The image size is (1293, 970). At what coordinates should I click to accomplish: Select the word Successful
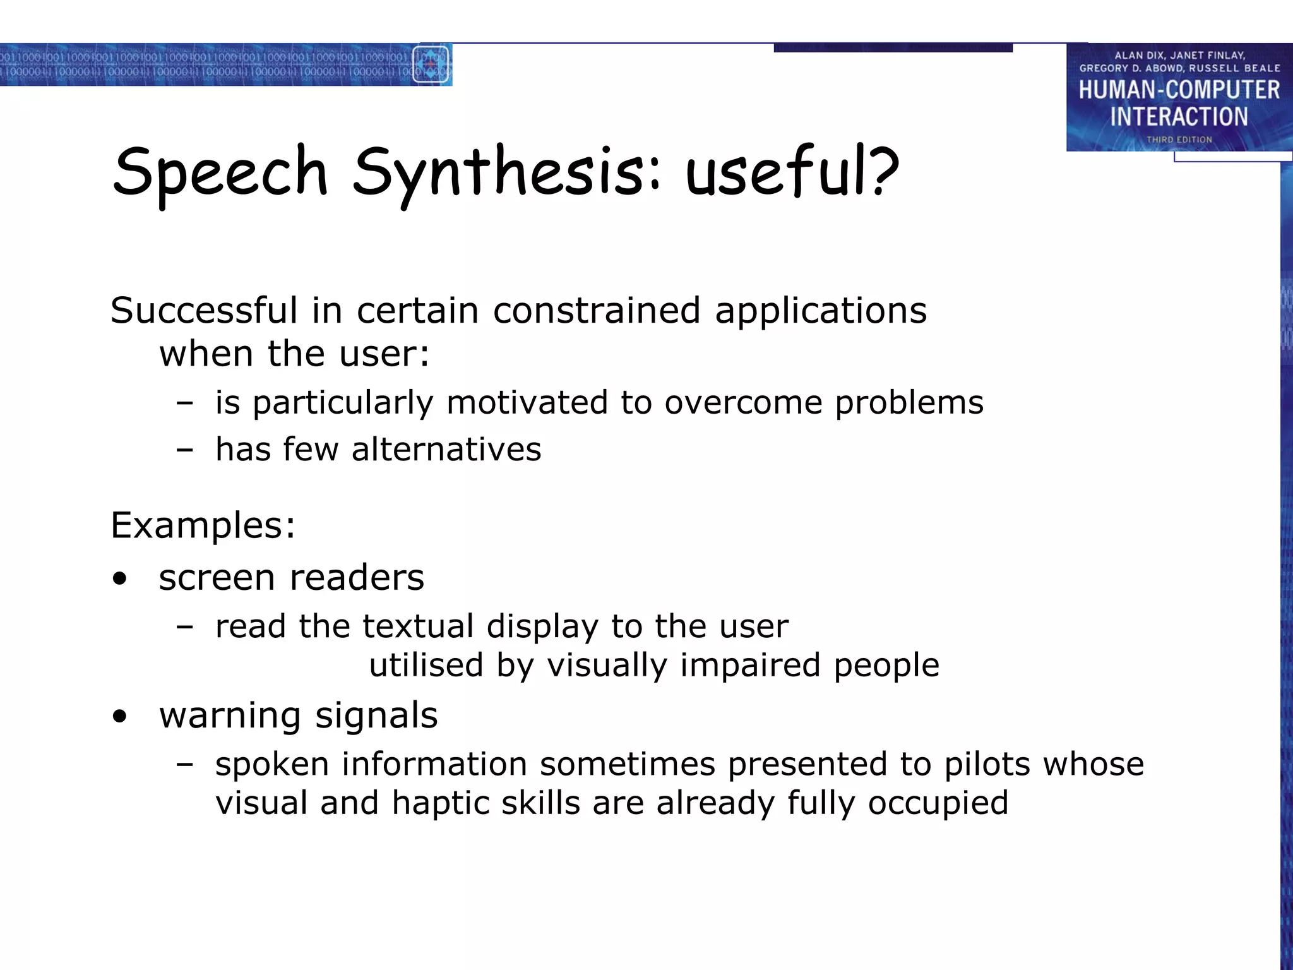[204, 311]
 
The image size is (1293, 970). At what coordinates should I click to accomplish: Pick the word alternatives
[446, 450]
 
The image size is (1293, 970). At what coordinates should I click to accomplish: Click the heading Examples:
[203, 525]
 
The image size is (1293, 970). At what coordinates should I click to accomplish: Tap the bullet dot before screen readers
[120, 579]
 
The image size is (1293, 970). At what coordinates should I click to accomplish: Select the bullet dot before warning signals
[120, 717]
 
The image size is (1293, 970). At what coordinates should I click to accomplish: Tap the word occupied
[938, 803]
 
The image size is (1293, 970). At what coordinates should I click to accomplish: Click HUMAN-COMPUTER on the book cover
[1179, 90]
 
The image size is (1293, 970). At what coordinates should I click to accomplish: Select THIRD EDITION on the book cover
[1179, 140]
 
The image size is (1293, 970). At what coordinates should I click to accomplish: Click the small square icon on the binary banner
[432, 64]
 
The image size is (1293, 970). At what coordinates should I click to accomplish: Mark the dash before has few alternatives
[185, 450]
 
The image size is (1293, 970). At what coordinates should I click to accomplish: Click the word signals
[376, 716]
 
